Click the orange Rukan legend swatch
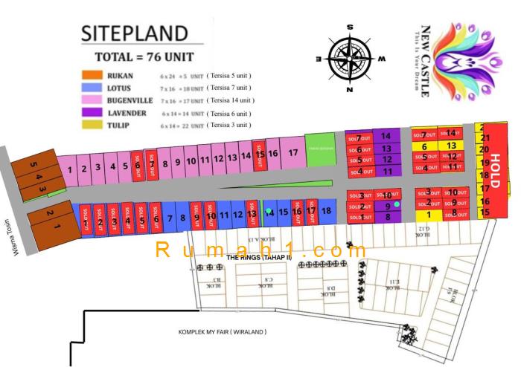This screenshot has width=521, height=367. (92, 75)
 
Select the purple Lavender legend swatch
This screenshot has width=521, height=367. (92, 113)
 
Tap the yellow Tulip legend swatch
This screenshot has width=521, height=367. (92, 126)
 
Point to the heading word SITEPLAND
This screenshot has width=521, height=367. (134, 33)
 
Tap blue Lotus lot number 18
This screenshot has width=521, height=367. (326, 211)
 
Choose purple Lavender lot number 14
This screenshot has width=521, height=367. (386, 136)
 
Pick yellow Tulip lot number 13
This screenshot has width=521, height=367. (451, 146)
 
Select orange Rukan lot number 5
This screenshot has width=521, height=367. (33, 164)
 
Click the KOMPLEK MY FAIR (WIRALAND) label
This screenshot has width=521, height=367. (222, 332)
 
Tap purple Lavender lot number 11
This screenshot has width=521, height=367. (387, 171)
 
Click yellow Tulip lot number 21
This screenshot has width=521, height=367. (485, 137)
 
